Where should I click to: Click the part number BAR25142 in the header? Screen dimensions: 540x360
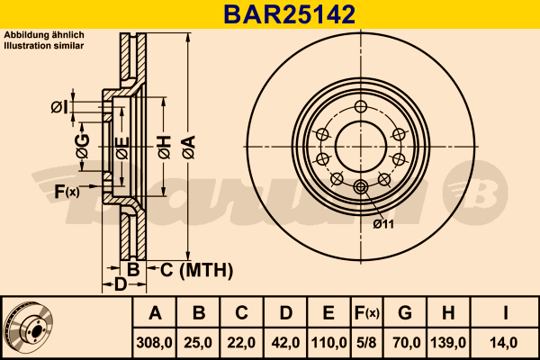pos(289,14)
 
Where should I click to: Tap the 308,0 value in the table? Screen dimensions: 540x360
pos(154,343)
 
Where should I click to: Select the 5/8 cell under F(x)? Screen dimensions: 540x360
pos(367,343)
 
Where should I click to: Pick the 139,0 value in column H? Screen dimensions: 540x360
pos(448,343)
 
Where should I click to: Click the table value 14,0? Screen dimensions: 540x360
pos(503,343)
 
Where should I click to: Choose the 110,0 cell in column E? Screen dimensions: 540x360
pos(328,343)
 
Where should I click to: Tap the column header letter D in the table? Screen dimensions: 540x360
pos(286,313)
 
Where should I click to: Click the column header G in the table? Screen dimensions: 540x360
pos(405,313)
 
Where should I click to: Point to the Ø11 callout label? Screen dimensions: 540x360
pos(383,224)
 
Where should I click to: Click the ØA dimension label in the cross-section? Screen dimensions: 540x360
pos(189,148)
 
